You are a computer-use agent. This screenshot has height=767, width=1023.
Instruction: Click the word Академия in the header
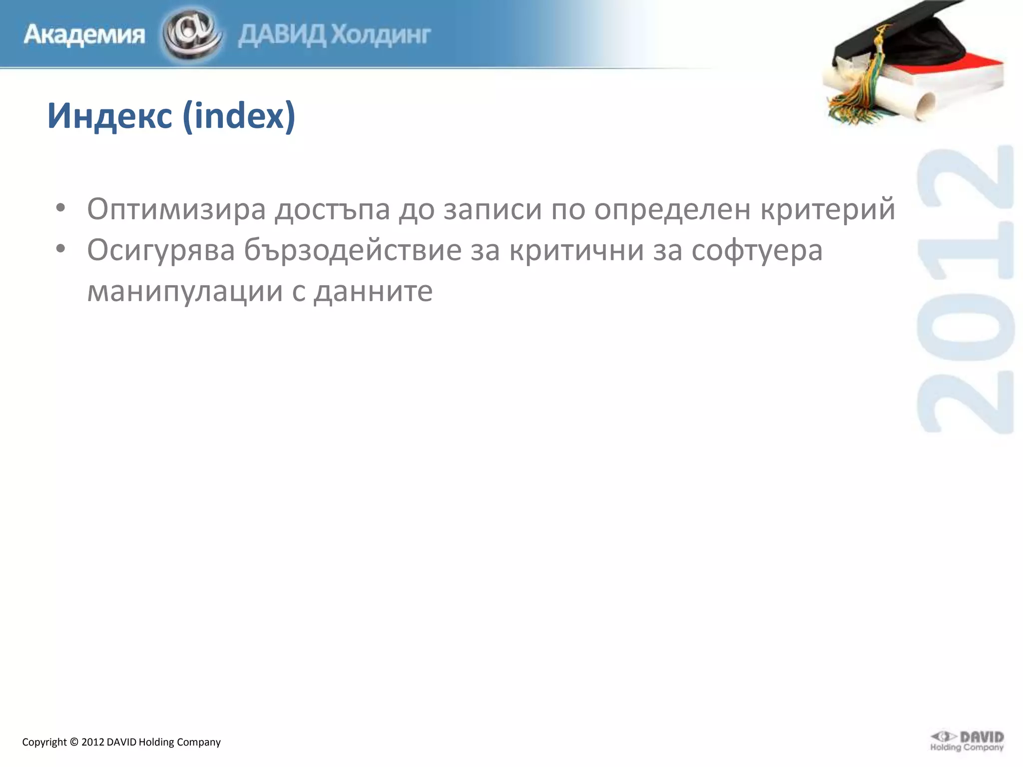coord(84,35)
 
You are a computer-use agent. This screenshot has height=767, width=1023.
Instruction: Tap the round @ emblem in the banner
coord(192,34)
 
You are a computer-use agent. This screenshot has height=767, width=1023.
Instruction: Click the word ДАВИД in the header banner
coord(282,35)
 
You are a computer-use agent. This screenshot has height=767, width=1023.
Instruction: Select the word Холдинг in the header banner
coord(381,35)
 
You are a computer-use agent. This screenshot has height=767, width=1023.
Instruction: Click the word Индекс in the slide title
coord(110,116)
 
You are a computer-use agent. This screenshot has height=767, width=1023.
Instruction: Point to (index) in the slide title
coord(239,116)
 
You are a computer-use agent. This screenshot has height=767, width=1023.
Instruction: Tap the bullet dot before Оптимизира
coord(60,208)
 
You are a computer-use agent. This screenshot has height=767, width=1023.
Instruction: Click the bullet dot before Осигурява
coord(60,249)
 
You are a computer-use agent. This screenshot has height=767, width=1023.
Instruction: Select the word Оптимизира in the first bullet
coord(176,209)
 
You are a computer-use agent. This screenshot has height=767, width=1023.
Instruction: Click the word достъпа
coord(332,209)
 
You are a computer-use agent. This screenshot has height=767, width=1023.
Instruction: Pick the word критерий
coord(828,209)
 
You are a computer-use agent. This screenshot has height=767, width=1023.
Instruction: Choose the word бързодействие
coord(353,250)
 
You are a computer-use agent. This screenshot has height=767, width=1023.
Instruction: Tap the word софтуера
coord(757,250)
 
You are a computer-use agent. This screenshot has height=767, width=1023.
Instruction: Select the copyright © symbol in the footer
coord(74,743)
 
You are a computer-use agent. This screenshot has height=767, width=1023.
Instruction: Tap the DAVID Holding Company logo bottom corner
coord(967,741)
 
